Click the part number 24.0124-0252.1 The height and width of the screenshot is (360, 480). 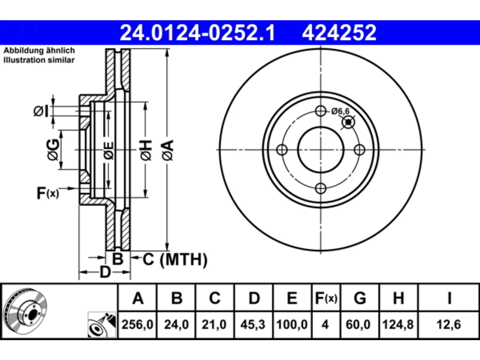(x=198, y=33)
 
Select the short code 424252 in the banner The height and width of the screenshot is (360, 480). (x=339, y=33)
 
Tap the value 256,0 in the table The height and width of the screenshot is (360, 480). (x=137, y=324)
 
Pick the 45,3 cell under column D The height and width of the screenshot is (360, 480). (x=253, y=324)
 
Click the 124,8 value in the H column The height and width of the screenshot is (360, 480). (x=398, y=324)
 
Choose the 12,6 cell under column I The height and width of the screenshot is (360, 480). (x=449, y=324)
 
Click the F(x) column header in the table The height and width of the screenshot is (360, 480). (x=326, y=298)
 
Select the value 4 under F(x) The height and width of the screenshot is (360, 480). (x=325, y=324)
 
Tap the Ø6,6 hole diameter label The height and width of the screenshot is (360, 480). (x=340, y=111)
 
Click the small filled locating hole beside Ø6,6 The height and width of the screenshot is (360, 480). (x=348, y=122)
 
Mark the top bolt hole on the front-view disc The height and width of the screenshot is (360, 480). (x=321, y=111)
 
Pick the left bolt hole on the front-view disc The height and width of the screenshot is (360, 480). (x=282, y=150)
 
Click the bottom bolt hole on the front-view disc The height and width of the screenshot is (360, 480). (x=321, y=188)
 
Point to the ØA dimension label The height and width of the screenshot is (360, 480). (x=168, y=151)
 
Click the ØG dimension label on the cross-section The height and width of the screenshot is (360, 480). (x=53, y=150)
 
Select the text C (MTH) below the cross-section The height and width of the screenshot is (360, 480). (x=175, y=259)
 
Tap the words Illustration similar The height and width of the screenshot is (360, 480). (x=39, y=60)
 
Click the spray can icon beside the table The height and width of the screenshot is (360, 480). (x=102, y=324)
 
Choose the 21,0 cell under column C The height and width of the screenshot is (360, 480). (x=214, y=324)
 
